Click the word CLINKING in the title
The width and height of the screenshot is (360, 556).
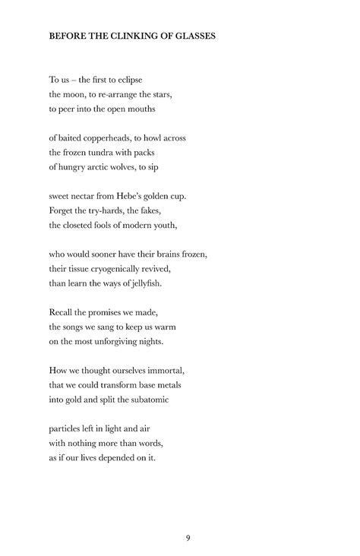(130, 36)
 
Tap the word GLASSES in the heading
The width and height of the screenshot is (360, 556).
(194, 36)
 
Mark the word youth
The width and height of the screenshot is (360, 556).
(161, 225)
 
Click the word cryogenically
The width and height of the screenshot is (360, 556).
(126, 269)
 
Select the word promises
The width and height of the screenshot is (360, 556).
(109, 312)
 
